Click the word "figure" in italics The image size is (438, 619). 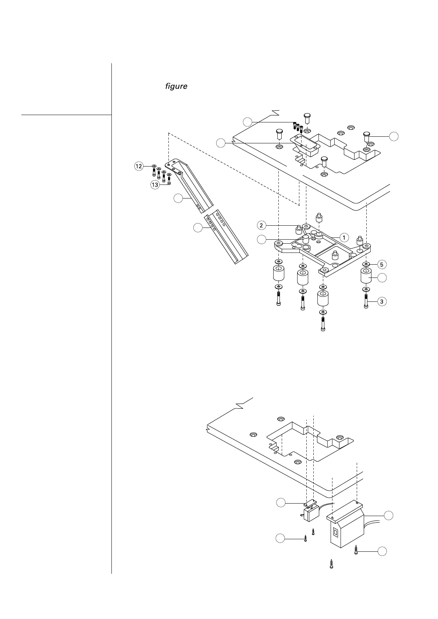(x=176, y=86)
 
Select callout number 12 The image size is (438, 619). (x=139, y=167)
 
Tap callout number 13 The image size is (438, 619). (x=155, y=185)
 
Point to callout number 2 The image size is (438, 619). (x=261, y=225)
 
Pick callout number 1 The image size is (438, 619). (x=344, y=238)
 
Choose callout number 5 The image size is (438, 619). (x=382, y=265)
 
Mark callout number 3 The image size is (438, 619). (x=382, y=301)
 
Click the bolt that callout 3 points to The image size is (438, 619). (x=366, y=301)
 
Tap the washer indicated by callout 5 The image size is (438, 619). (x=366, y=264)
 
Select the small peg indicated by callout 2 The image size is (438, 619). (x=298, y=229)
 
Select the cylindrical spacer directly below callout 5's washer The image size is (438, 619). (x=366, y=276)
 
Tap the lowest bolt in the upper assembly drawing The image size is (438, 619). (x=323, y=324)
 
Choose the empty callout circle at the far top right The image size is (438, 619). (x=394, y=136)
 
